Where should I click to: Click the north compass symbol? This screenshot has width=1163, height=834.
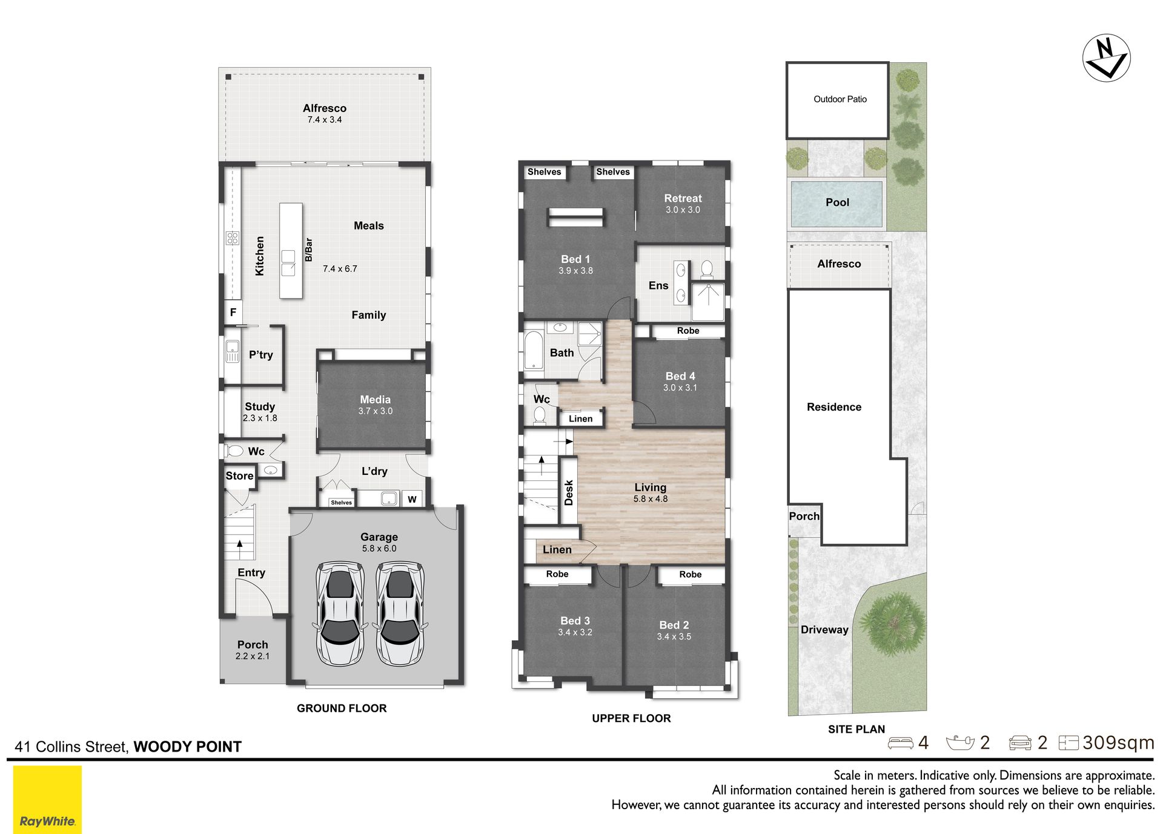point(1106,58)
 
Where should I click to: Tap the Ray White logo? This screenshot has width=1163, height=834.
point(47,799)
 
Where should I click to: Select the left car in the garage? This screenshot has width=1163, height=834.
point(339,613)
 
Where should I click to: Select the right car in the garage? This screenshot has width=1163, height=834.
point(400,613)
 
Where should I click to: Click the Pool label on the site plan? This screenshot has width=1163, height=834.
point(837,202)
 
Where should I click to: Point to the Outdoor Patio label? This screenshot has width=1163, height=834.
point(840,99)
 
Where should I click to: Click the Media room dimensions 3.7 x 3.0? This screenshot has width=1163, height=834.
point(375,411)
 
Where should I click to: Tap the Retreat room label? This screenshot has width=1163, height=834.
point(683,198)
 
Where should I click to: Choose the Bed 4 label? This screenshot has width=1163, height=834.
point(680,376)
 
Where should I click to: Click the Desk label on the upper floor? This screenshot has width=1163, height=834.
point(568,492)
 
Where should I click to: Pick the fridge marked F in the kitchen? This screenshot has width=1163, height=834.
point(233,313)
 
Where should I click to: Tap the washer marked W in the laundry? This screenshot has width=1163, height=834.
point(412,499)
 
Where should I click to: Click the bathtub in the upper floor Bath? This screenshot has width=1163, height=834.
point(534,349)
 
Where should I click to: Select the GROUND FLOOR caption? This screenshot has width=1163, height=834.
point(342,708)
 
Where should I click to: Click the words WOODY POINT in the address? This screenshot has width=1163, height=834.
point(187,747)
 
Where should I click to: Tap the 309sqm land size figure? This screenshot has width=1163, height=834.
point(1118,743)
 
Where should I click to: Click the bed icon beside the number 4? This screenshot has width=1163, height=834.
point(900,743)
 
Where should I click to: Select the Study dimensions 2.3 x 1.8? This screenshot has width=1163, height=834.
point(260,418)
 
